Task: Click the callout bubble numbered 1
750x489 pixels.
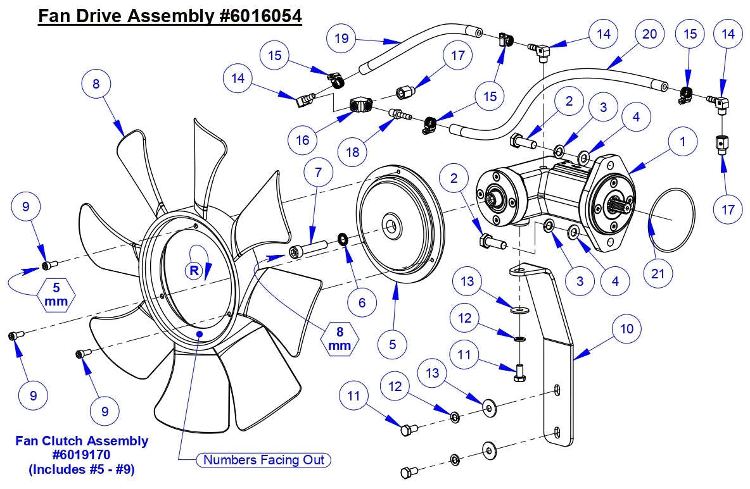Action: pos(682,142)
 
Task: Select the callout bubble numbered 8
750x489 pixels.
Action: pos(96,84)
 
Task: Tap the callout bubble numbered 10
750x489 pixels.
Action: pos(626,328)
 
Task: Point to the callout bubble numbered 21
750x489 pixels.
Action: pos(659,274)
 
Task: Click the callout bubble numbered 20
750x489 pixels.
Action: pos(649,34)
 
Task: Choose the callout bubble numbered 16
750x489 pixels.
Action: pos(303,139)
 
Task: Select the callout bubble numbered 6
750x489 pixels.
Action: pos(362,302)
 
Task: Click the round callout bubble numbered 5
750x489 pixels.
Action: pos(392,344)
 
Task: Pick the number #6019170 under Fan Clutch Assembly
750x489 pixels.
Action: pos(81,455)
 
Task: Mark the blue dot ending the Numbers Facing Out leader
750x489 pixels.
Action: pos(200,332)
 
